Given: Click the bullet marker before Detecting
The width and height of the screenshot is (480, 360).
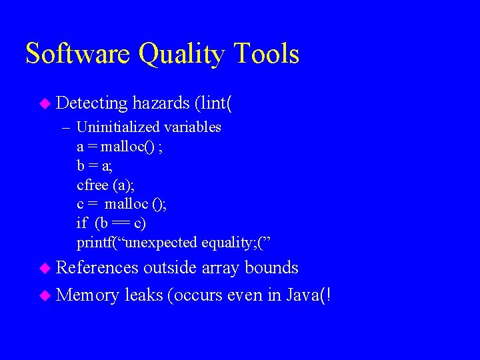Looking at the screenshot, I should [x=45, y=103].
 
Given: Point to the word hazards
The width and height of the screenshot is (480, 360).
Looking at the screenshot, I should [x=161, y=103].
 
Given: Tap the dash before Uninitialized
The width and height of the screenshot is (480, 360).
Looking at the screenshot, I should [x=65, y=127].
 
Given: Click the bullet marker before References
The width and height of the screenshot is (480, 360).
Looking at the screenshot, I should [x=45, y=268].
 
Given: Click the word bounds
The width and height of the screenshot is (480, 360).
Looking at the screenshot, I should [x=271, y=267].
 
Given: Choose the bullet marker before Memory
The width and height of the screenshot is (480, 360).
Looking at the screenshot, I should [x=45, y=295].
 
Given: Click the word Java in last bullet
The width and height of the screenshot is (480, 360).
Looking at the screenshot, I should [x=301, y=294].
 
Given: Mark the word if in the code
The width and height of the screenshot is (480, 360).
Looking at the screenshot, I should [x=82, y=222].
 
